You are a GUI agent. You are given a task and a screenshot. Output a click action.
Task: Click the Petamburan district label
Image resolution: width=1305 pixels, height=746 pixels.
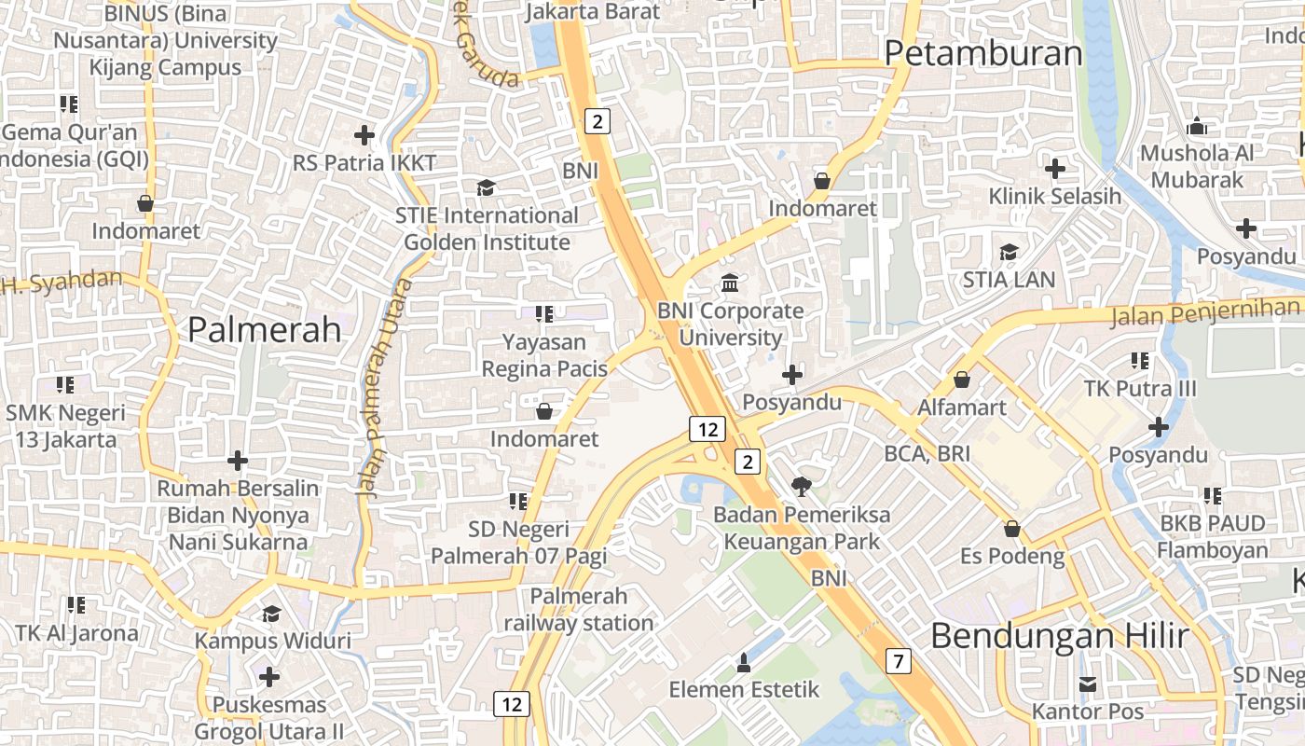pyautogui.click(x=983, y=53)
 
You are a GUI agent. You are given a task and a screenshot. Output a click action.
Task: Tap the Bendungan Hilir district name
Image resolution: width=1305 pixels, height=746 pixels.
pyautogui.click(x=1059, y=636)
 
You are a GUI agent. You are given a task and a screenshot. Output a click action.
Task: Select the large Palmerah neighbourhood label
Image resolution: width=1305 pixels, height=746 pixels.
pyautogui.click(x=265, y=329)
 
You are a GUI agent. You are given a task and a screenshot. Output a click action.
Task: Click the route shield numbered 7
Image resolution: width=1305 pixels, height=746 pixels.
pyautogui.click(x=898, y=662)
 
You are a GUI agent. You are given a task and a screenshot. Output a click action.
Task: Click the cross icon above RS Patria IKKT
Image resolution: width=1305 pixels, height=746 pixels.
pyautogui.click(x=364, y=135)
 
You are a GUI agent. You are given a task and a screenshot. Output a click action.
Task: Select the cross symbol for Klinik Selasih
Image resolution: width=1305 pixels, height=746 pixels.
pyautogui.click(x=1055, y=169)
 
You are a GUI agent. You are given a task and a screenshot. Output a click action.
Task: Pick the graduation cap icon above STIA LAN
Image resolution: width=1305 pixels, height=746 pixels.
pyautogui.click(x=1009, y=252)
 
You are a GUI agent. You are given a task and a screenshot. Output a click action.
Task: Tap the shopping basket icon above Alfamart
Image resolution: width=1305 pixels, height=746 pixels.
pyautogui.click(x=962, y=380)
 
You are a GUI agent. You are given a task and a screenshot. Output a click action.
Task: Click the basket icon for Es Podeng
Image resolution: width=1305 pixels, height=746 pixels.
pyautogui.click(x=1012, y=529)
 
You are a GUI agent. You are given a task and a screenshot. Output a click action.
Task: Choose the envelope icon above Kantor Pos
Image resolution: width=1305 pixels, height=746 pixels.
pyautogui.click(x=1087, y=684)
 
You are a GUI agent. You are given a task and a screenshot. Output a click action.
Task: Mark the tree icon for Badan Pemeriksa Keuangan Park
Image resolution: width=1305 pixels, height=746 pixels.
pyautogui.click(x=801, y=486)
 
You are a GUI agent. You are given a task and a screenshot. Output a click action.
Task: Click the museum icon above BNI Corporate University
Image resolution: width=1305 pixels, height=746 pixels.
pyautogui.click(x=730, y=283)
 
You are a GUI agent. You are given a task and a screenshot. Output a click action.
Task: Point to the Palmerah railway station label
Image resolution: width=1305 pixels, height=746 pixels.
pyautogui.click(x=579, y=610)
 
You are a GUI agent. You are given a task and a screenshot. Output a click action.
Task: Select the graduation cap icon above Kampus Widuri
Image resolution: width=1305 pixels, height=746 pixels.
pyautogui.click(x=271, y=613)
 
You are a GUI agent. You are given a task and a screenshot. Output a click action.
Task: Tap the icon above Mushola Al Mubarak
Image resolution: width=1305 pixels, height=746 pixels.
pyautogui.click(x=1197, y=126)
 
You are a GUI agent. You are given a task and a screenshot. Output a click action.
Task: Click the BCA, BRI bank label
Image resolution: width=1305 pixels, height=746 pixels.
pyautogui.click(x=927, y=454)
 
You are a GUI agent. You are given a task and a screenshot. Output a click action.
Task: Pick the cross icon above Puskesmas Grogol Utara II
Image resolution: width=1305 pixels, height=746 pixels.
pyautogui.click(x=269, y=676)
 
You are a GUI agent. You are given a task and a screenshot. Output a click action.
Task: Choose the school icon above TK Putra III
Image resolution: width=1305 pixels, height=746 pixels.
pyautogui.click(x=1139, y=360)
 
